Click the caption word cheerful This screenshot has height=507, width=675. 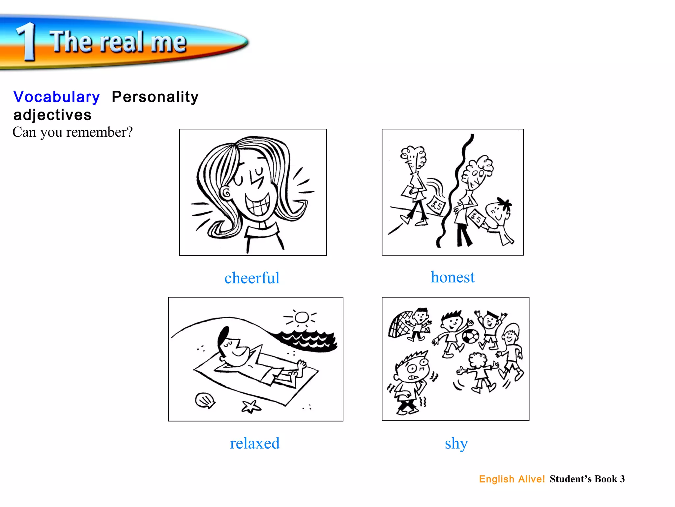click(252, 278)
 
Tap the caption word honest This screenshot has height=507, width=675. click(453, 277)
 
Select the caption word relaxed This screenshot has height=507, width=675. click(254, 443)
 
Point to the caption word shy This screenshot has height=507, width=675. click(456, 443)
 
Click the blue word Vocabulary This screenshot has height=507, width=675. click(56, 97)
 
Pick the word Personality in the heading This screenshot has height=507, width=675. click(155, 97)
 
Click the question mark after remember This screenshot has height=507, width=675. click(129, 132)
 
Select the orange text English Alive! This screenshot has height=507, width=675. click(512, 479)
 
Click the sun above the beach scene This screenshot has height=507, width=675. click(301, 318)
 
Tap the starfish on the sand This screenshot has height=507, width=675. click(251, 407)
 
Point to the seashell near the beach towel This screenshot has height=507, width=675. click(205, 400)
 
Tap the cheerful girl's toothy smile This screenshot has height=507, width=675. click(258, 204)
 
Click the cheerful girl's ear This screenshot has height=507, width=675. click(226, 193)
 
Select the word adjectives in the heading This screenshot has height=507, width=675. click(52, 115)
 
